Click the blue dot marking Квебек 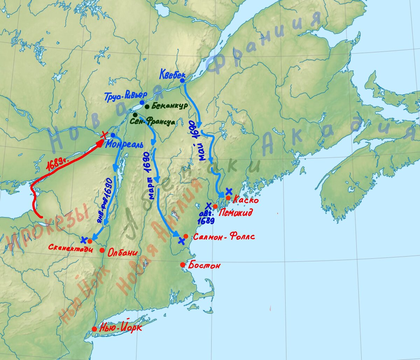tap(182, 80)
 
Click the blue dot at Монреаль tap(113, 135)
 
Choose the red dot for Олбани tap(102, 250)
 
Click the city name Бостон tap(205, 266)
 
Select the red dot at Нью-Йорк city tap(94, 329)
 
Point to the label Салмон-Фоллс tap(224, 237)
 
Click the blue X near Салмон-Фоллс tap(181, 241)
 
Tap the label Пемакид tap(235, 213)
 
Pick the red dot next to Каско tap(228, 198)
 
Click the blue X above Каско tap(229, 191)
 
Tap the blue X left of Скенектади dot tap(84, 240)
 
